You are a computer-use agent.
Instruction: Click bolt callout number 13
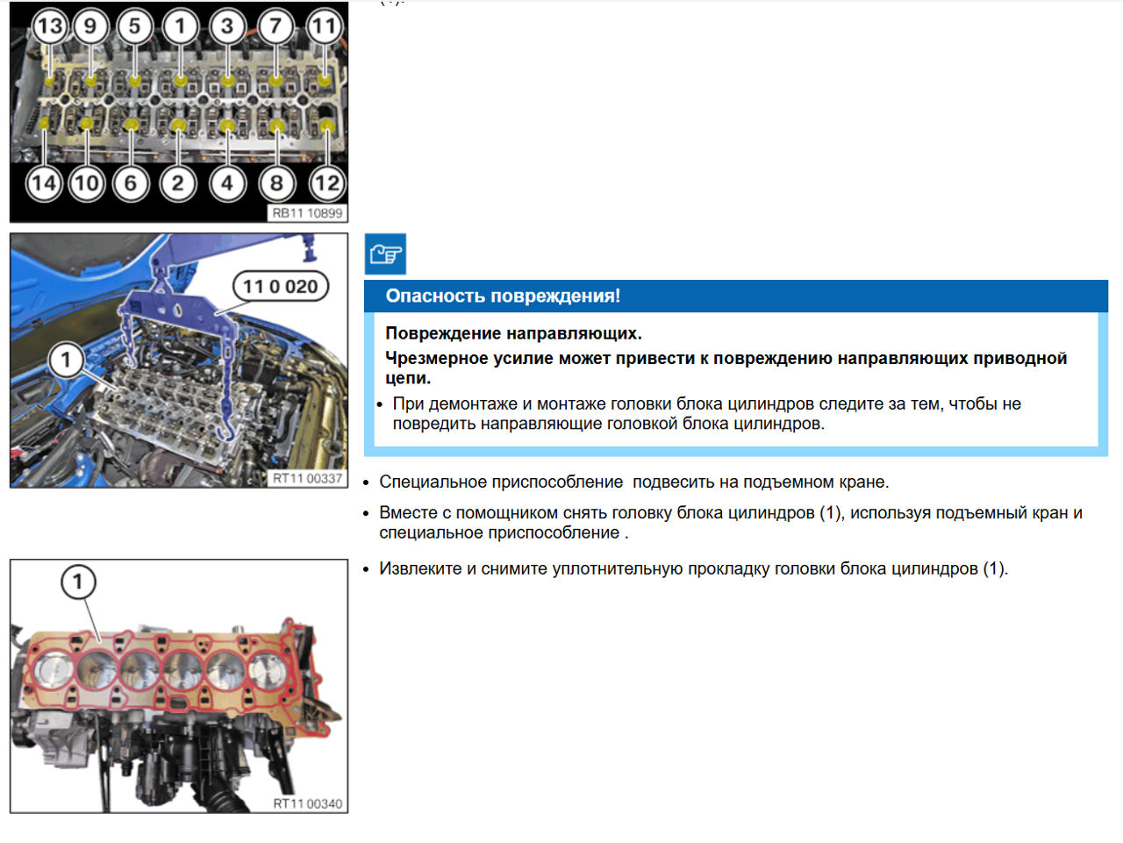[x=49, y=26]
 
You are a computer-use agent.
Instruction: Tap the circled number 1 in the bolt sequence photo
[x=181, y=26]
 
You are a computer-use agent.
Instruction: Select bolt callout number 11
[x=324, y=26]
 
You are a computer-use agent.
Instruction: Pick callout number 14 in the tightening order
[x=43, y=183]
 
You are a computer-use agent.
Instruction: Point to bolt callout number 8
[x=276, y=183]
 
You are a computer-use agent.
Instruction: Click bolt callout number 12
[x=325, y=183]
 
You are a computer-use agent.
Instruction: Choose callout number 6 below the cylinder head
[x=131, y=183]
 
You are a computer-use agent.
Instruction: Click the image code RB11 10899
[x=307, y=213]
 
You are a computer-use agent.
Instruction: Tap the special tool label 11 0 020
[x=280, y=286]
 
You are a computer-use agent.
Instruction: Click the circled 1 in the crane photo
[x=66, y=360]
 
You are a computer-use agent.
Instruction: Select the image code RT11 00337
[x=307, y=478]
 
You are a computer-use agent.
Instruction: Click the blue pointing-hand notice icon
[x=385, y=254]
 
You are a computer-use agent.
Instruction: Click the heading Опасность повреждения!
[x=503, y=296]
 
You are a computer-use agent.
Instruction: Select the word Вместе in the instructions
[x=408, y=512]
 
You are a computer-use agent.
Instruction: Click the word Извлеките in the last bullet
[x=420, y=568]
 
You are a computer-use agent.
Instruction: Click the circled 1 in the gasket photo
[x=78, y=582]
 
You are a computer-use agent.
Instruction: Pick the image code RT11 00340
[x=307, y=804]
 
